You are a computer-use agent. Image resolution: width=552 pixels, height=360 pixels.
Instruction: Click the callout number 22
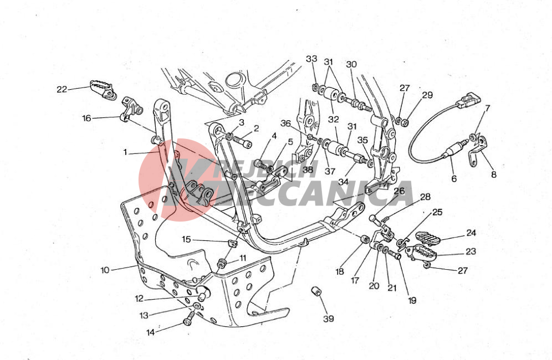click(62, 89)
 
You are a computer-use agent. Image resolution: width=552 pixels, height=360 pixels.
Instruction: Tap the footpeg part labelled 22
click(103, 89)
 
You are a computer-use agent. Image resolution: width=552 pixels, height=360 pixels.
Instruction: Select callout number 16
click(86, 118)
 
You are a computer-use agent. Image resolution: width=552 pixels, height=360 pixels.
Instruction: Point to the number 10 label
click(105, 270)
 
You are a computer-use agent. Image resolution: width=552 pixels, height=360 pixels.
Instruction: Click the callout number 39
click(329, 319)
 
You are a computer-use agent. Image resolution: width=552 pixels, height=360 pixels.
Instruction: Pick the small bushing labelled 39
click(317, 292)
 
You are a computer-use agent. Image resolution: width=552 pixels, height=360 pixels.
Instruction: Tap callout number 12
click(140, 299)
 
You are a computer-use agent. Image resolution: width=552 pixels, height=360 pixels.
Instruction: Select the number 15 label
click(186, 240)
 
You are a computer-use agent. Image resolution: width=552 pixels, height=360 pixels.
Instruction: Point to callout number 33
click(311, 59)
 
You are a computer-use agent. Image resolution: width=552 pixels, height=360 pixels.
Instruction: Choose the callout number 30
click(351, 64)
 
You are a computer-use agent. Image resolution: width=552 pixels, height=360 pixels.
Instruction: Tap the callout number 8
click(494, 174)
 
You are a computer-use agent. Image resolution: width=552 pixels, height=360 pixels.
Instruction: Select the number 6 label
click(454, 179)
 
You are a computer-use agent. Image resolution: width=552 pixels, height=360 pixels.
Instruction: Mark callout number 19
click(412, 300)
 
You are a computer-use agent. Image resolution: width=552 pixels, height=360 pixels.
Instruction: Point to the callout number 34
click(343, 182)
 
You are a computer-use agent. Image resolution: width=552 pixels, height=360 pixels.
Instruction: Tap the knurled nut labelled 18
click(365, 239)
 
